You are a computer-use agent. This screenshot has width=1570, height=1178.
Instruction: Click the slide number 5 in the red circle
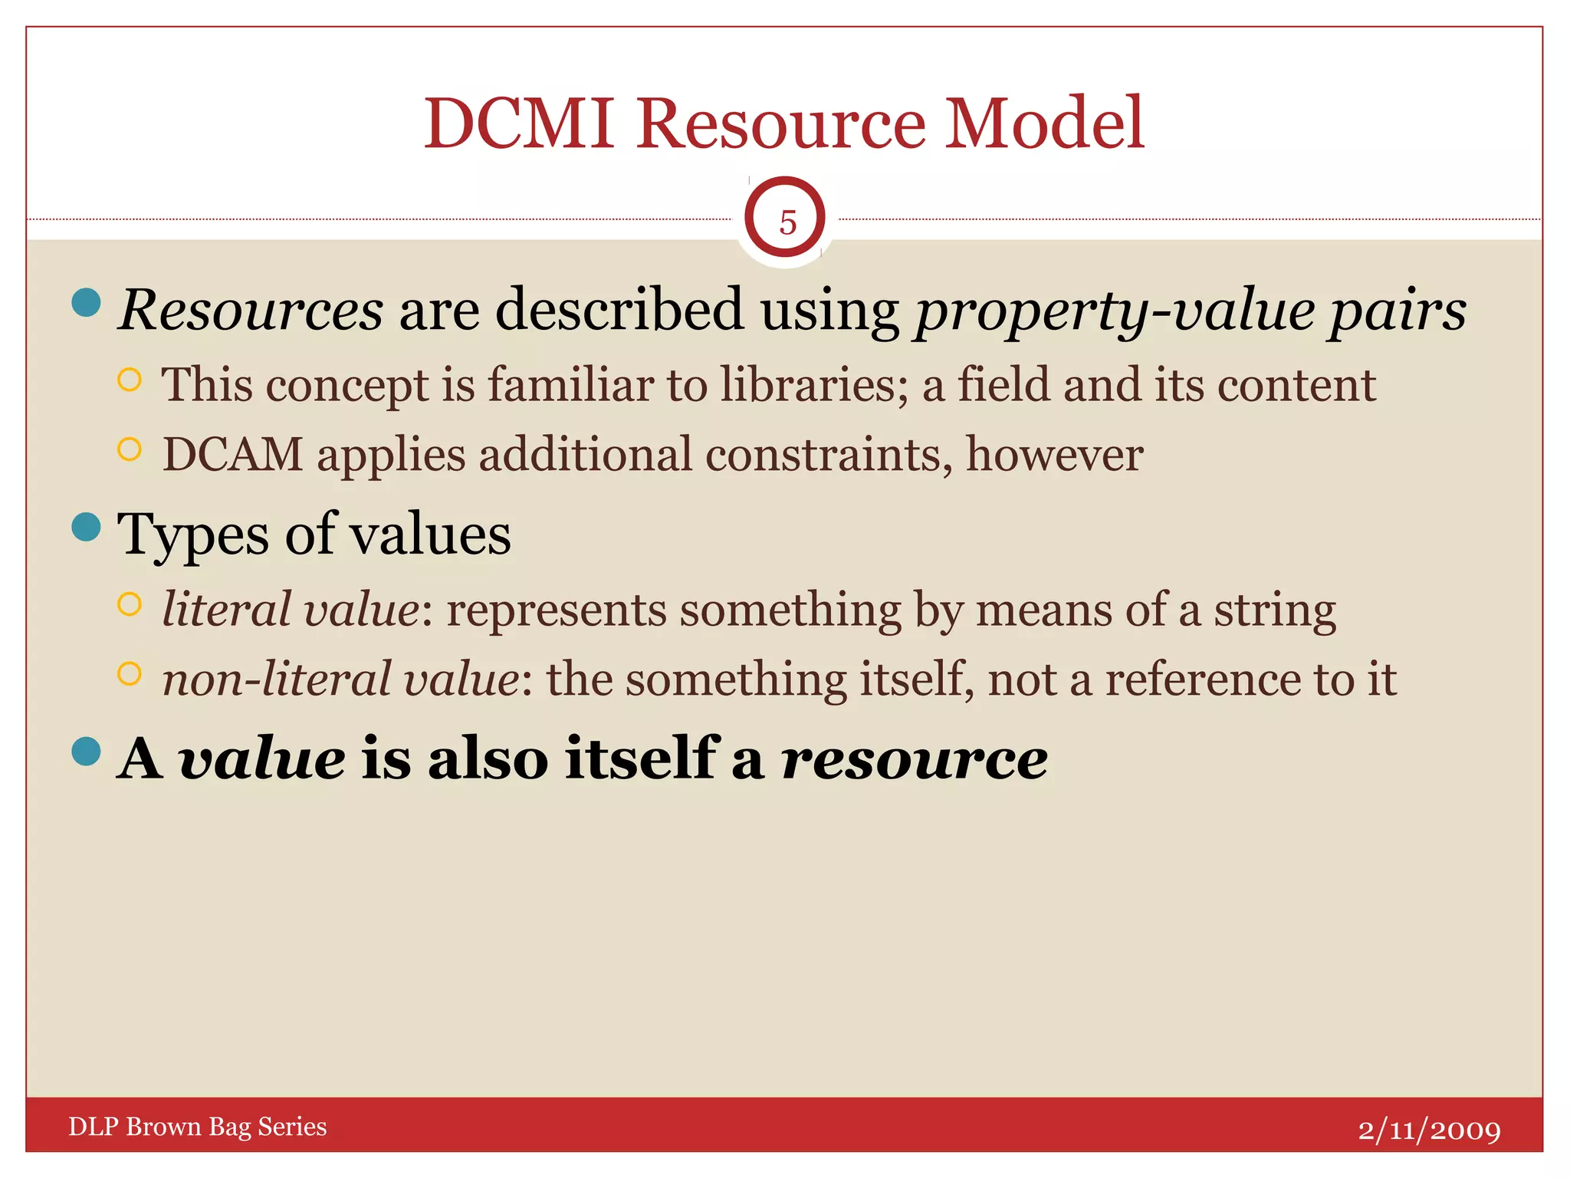787,223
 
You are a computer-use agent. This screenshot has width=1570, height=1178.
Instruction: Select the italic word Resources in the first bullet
251,311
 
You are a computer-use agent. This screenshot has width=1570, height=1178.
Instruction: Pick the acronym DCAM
233,454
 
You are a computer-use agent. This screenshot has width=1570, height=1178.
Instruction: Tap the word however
1054,454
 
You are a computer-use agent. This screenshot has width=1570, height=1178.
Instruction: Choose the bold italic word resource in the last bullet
914,758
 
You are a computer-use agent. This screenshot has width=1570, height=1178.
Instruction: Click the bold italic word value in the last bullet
261,758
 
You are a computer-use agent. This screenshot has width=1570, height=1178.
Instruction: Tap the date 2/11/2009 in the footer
1429,1130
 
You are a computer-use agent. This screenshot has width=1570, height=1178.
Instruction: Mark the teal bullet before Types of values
87,527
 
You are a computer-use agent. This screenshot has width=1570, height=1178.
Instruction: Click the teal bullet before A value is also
87,752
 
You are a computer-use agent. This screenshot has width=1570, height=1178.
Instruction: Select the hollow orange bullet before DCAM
130,449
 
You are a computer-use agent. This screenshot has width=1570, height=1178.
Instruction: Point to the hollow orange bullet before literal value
130,605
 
